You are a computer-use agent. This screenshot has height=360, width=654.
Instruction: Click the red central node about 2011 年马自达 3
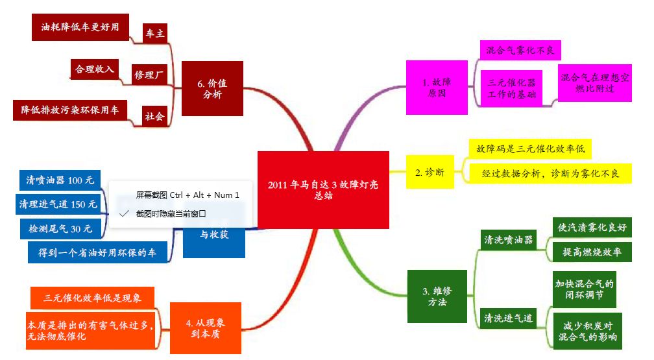(x=323, y=190)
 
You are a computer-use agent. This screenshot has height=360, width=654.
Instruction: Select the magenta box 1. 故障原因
(x=437, y=87)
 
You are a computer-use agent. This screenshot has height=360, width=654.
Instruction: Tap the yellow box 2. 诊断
(x=430, y=172)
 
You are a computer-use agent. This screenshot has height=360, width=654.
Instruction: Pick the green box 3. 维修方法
(x=437, y=296)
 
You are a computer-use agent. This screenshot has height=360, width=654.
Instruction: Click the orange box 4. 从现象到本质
(x=206, y=328)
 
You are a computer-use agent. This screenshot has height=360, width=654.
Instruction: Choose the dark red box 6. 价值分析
(x=212, y=88)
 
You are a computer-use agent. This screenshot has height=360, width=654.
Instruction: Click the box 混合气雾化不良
(x=520, y=51)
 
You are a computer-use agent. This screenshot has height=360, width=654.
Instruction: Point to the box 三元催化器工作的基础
(x=511, y=88)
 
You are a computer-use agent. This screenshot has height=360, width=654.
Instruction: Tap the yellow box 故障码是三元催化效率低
(x=530, y=149)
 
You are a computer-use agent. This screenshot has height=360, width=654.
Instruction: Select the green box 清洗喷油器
(x=509, y=239)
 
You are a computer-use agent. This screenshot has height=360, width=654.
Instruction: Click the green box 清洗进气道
(x=509, y=318)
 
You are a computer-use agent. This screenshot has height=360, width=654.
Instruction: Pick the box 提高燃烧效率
(x=592, y=252)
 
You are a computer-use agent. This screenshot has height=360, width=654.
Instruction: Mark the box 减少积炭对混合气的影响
(x=587, y=331)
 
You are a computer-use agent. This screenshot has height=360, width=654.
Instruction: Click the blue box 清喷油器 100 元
(x=60, y=180)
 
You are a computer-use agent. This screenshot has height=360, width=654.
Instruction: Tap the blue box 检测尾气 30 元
(x=60, y=228)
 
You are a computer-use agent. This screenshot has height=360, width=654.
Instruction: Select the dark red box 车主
(x=155, y=33)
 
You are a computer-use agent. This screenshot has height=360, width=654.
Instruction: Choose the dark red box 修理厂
(x=149, y=74)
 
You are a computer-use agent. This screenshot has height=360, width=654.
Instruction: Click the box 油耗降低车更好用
(x=80, y=27)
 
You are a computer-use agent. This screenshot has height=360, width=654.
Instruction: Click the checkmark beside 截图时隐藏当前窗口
(x=124, y=213)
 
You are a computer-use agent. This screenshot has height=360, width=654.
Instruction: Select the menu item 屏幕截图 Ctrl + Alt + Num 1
(x=188, y=195)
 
